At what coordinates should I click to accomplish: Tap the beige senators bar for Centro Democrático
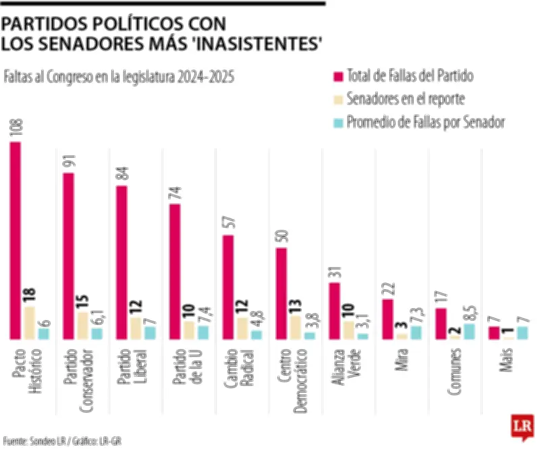tap(295, 326)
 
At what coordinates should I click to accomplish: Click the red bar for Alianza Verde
tap(333, 310)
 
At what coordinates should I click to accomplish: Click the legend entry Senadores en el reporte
tap(405, 98)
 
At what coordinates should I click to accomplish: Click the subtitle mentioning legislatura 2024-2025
tap(119, 77)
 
